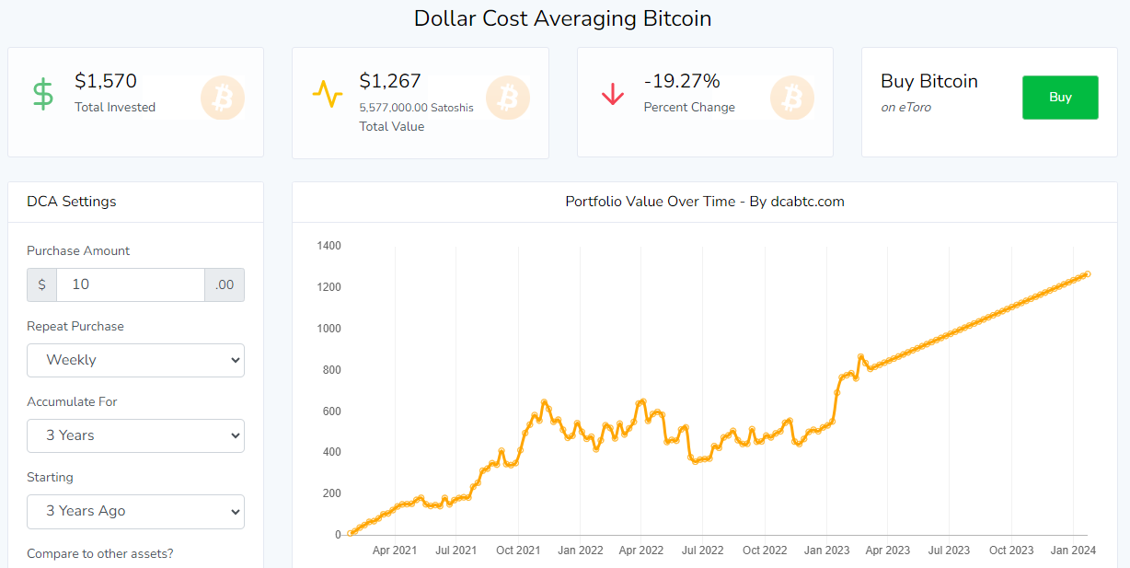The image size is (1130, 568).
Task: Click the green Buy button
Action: pyautogui.click(x=1060, y=98)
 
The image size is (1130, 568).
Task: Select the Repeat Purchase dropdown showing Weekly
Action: pyautogui.click(x=135, y=360)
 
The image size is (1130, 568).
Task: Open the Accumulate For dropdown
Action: pyautogui.click(x=135, y=435)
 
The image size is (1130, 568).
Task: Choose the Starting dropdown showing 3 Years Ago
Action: pyautogui.click(x=135, y=511)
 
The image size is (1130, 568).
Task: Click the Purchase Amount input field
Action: pyautogui.click(x=130, y=284)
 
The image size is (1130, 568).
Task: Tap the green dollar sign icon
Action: pyautogui.click(x=43, y=94)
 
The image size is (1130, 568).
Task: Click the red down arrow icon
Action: pyautogui.click(x=612, y=94)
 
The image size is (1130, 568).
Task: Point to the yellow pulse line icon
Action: pyautogui.click(x=327, y=94)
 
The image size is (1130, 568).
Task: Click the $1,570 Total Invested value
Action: pyautogui.click(x=106, y=81)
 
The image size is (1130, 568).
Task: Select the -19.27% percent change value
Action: pyautogui.click(x=682, y=81)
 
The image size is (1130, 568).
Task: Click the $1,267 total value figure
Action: pyautogui.click(x=390, y=81)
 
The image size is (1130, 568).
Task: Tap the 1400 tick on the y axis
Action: pyautogui.click(x=329, y=246)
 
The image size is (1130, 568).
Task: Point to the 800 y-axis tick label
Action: pyautogui.click(x=332, y=370)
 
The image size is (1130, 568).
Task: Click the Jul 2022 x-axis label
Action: pyautogui.click(x=702, y=551)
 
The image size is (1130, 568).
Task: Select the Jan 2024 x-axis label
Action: pyautogui.click(x=1073, y=551)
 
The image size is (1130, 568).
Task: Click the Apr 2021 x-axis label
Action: pyautogui.click(x=394, y=551)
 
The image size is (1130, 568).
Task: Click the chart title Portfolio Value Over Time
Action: pyautogui.click(x=704, y=202)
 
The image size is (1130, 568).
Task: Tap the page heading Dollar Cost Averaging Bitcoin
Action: pyautogui.click(x=562, y=18)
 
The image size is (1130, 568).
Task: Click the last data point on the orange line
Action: pyautogui.click(x=1088, y=273)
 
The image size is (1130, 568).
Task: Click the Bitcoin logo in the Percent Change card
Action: pyautogui.click(x=791, y=98)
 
